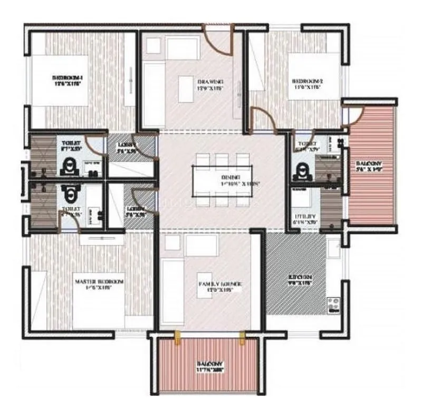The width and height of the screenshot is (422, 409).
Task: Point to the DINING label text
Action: [231, 178]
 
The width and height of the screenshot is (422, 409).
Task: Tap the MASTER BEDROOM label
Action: [99, 283]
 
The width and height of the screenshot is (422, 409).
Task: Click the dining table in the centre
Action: [219, 180]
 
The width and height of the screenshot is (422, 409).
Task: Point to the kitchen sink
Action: [333, 246]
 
